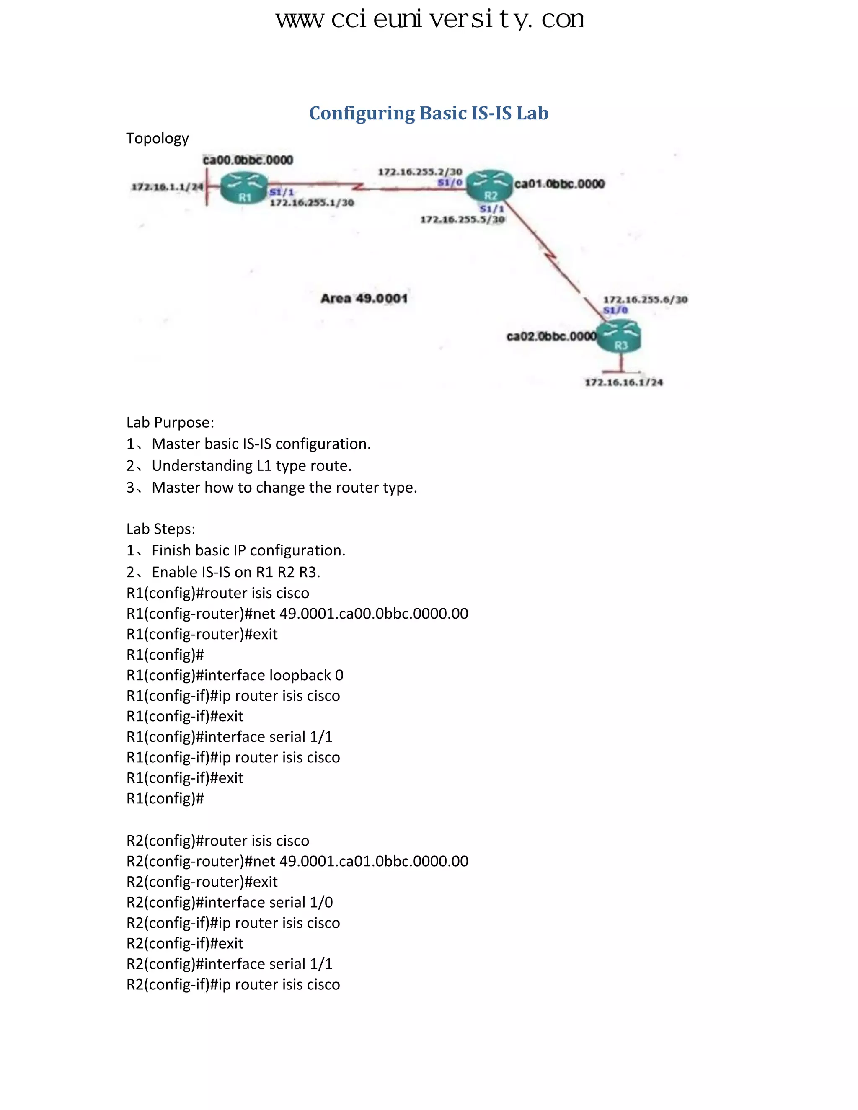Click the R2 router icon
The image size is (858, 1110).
tap(489, 186)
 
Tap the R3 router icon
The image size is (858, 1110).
tap(619, 336)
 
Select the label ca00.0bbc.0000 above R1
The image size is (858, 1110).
tap(248, 160)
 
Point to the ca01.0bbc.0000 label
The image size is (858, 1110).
tap(559, 184)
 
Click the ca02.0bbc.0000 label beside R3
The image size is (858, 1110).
tap(551, 336)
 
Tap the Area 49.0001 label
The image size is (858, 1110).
tap(364, 298)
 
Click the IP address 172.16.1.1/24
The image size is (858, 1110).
tap(167, 187)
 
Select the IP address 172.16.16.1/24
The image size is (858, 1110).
tap(624, 382)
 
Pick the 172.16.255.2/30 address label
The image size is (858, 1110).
tap(420, 172)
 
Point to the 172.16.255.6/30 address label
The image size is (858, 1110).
tap(645, 299)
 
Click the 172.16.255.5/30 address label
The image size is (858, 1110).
tap(462, 219)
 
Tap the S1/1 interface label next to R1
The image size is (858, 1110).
tap(282, 192)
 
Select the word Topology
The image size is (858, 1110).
tap(157, 138)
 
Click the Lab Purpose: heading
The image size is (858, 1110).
tap(170, 422)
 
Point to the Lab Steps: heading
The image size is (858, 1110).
tap(160, 529)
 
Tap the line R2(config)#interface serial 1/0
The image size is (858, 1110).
tap(229, 902)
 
